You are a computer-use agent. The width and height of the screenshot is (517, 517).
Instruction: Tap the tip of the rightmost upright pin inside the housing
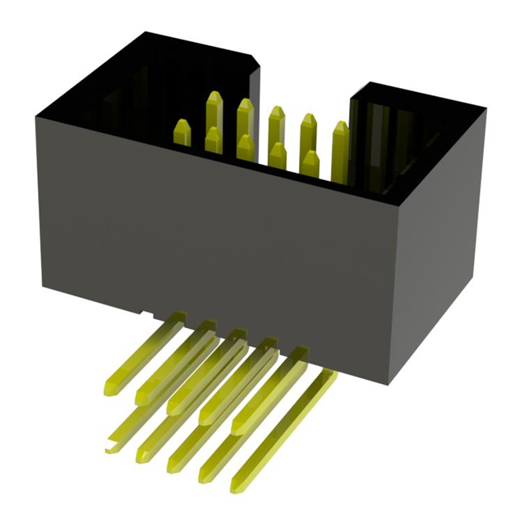340,127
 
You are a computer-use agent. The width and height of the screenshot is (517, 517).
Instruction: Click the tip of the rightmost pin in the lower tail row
237,486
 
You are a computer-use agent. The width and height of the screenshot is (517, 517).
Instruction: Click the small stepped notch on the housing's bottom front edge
144,311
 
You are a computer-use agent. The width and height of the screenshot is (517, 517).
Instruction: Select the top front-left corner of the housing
36,116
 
